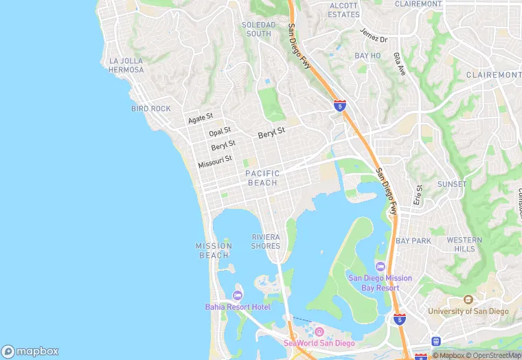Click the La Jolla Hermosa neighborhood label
tap(126, 65)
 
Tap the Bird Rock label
tap(150, 109)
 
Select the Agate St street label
tap(201, 119)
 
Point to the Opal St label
tap(220, 131)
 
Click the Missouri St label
tap(215, 162)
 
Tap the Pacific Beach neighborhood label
tap(262, 178)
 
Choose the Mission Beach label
tap(214, 251)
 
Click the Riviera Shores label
tap(266, 241)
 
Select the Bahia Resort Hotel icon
tap(238, 295)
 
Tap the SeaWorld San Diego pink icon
tap(319, 332)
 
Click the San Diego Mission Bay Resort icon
tap(381, 267)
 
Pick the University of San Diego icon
tap(468, 300)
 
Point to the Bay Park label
tap(413, 241)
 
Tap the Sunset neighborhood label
tap(452, 184)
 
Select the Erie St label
tap(418, 194)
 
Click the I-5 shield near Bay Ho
tap(339, 105)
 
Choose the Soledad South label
tap(259, 29)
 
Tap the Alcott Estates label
tap(343, 10)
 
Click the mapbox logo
tap(30, 350)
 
